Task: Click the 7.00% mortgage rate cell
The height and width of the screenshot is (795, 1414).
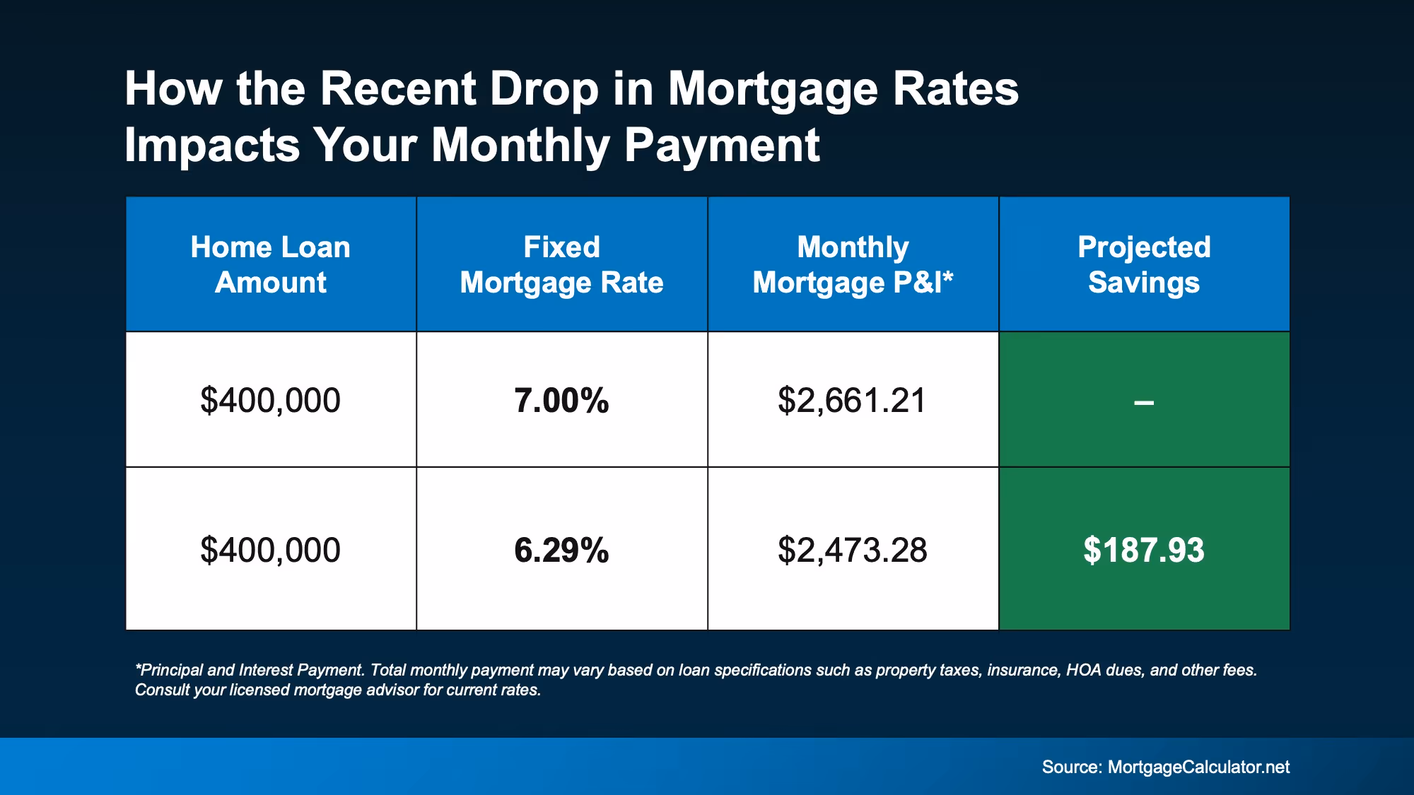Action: [x=561, y=401]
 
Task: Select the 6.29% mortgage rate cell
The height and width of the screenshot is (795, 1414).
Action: [x=561, y=550]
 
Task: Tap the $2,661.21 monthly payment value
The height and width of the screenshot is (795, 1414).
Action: [x=852, y=401]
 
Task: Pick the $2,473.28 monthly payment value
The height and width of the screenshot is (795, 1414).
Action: [x=852, y=550]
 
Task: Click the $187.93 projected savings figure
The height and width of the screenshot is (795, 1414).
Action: [x=1143, y=550]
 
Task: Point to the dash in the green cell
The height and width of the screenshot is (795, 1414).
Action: [x=1143, y=403]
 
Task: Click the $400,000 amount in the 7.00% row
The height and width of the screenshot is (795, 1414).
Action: [x=270, y=401]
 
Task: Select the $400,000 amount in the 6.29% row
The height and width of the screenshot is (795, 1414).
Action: [x=270, y=550]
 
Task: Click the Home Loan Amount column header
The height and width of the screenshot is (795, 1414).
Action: [x=270, y=264]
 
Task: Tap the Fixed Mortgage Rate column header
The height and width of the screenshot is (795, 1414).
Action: [x=561, y=264]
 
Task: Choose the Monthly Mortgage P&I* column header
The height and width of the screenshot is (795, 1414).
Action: [x=852, y=264]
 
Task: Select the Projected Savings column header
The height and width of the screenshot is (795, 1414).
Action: [x=1143, y=264]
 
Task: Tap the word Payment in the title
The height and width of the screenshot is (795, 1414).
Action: [x=722, y=146]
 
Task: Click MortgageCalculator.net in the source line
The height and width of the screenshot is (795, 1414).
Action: [x=1198, y=767]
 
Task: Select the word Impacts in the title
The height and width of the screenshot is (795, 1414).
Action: [x=212, y=146]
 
